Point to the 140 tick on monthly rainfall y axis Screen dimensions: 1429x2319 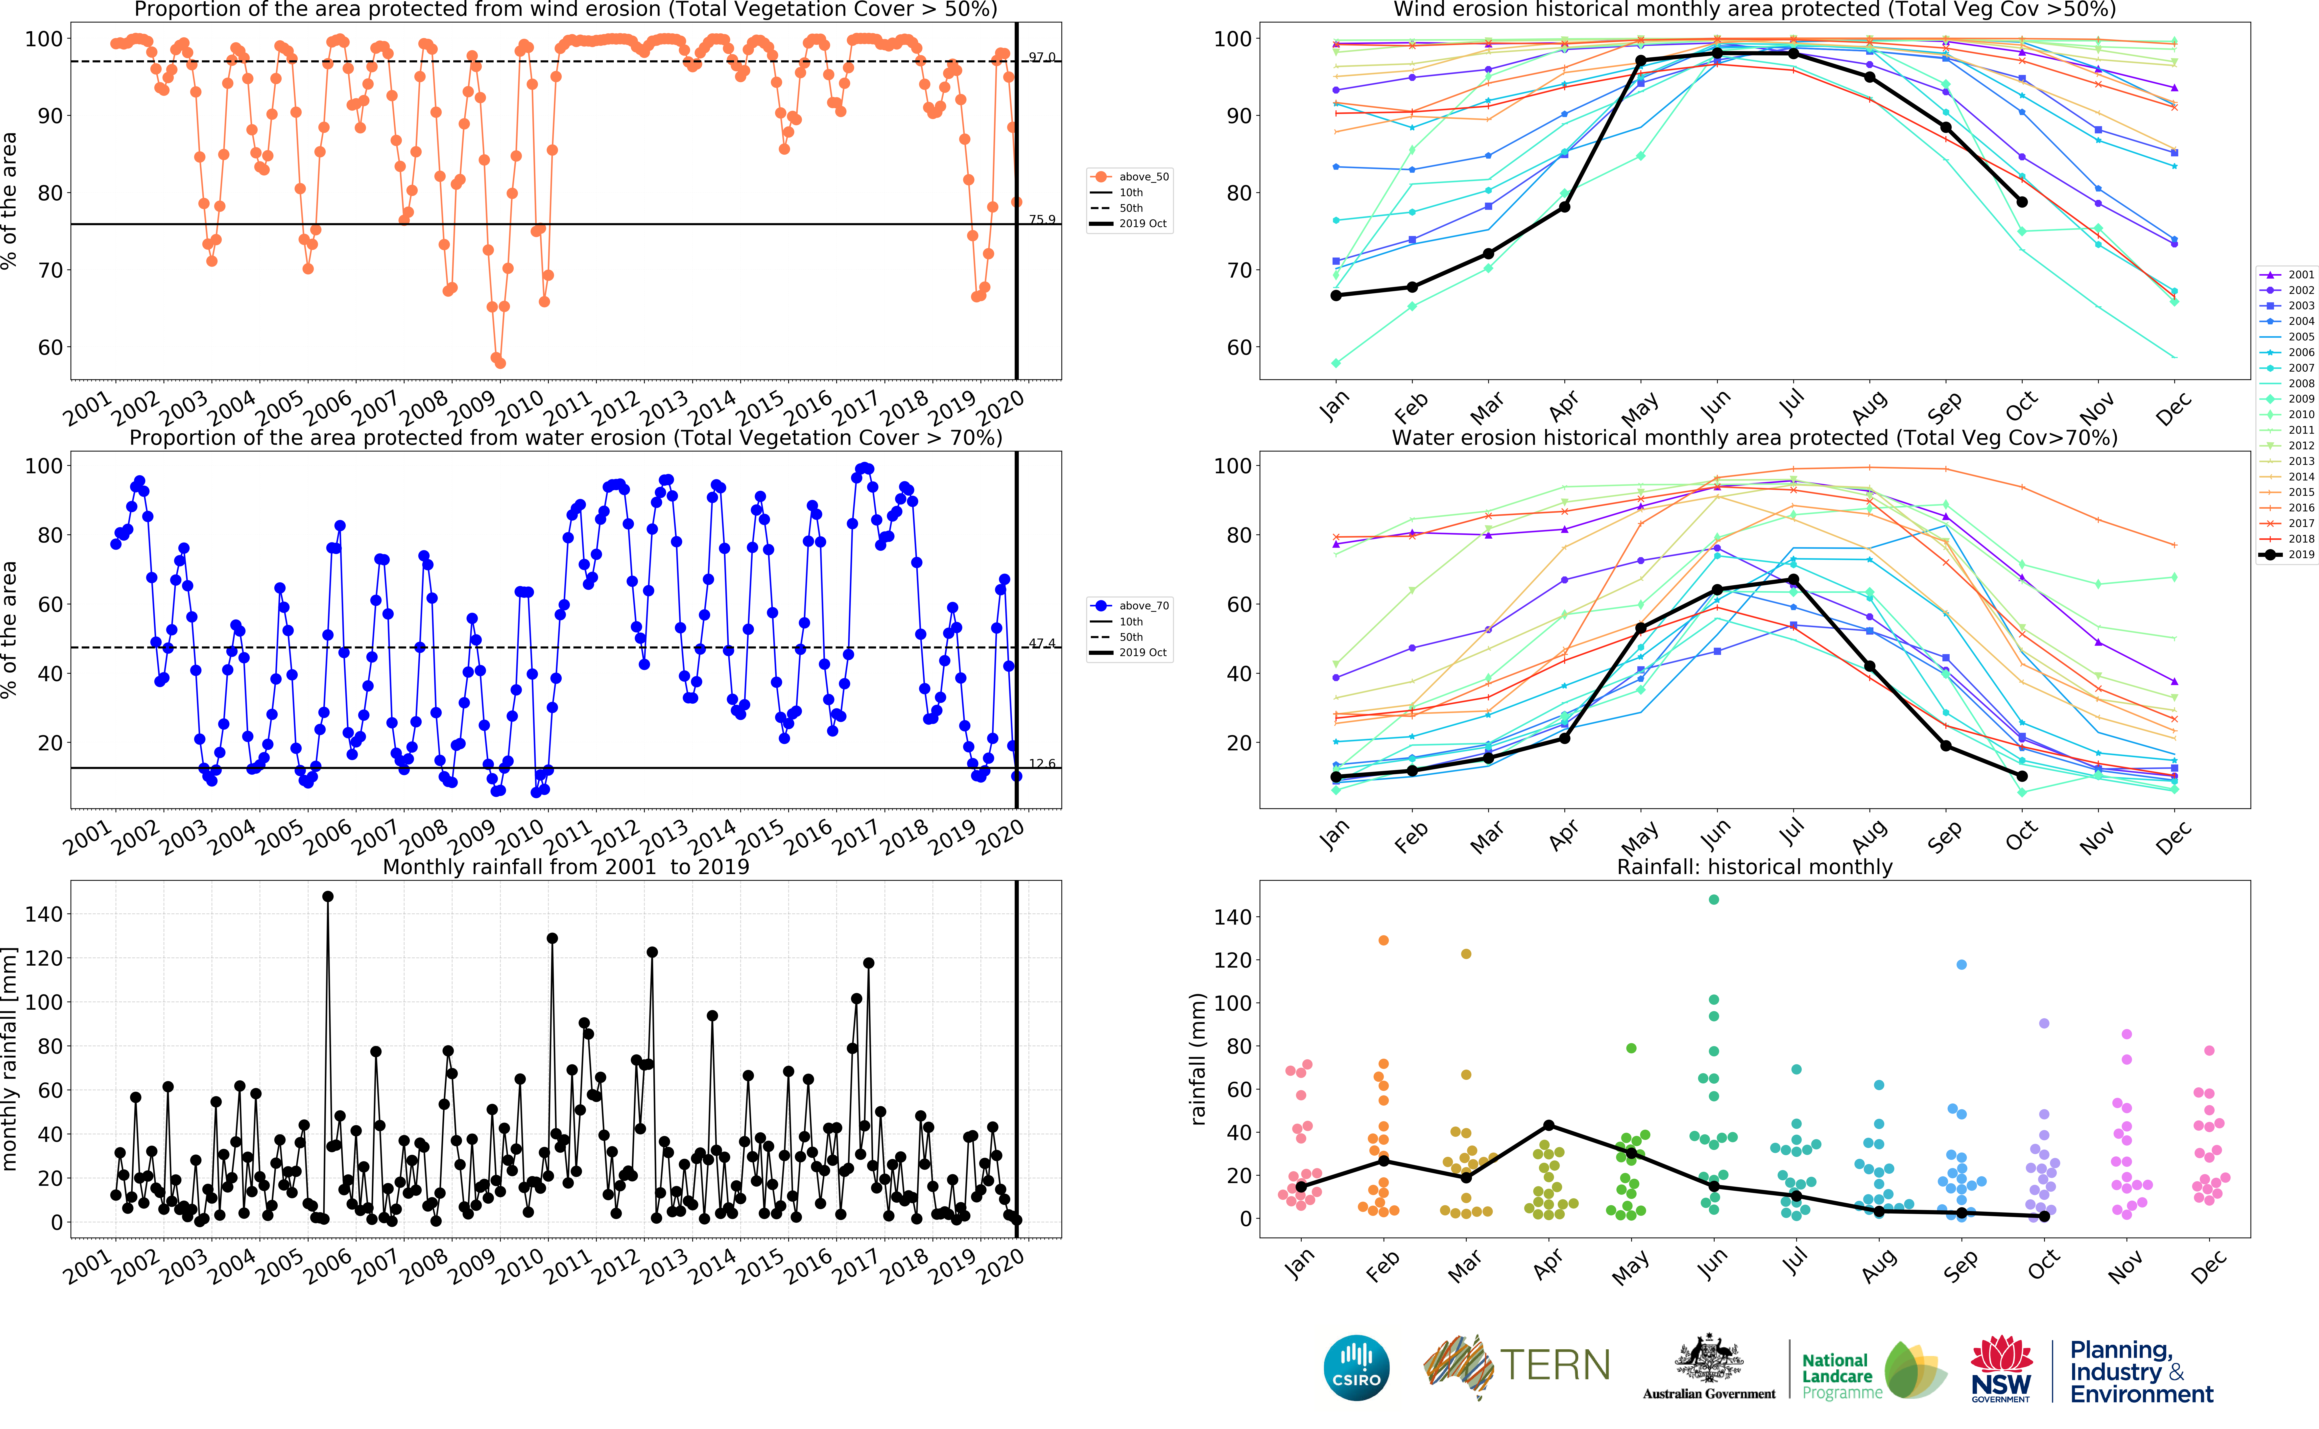coord(45,914)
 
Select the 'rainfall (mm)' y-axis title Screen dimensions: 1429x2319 coord(1198,1059)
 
